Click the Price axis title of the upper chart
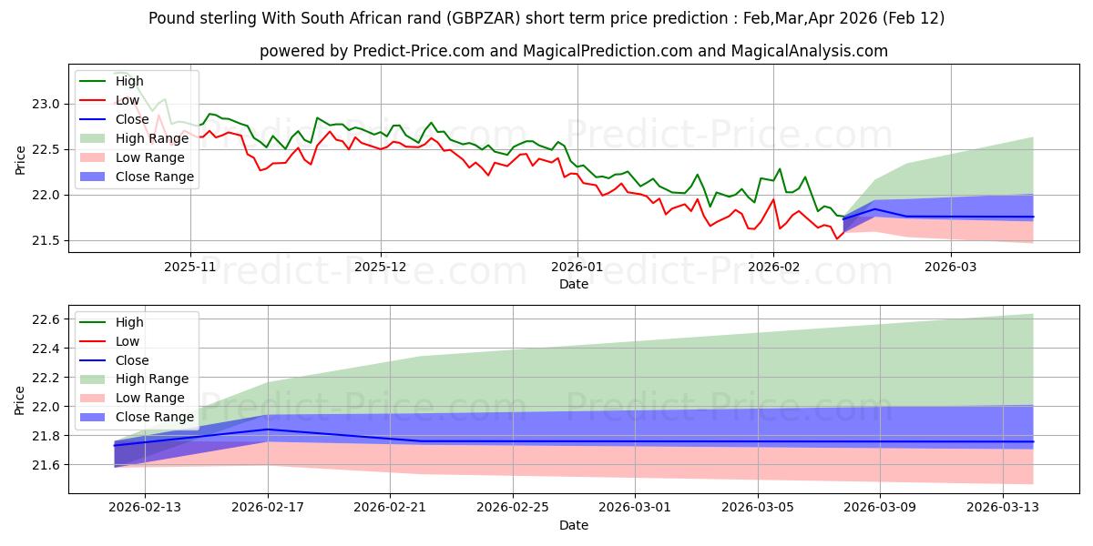tap(20, 159)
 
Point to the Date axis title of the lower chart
tap(573, 525)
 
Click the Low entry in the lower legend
tap(128, 341)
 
